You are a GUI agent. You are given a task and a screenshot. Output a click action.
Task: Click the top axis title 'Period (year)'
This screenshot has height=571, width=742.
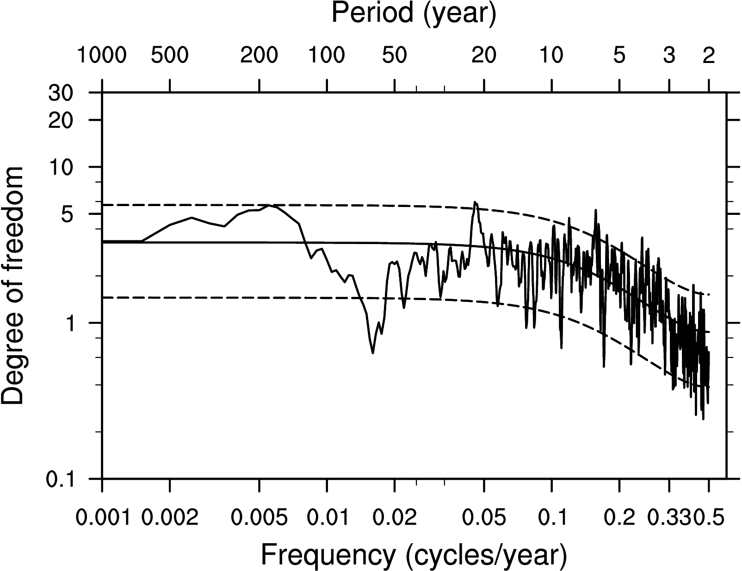[414, 13]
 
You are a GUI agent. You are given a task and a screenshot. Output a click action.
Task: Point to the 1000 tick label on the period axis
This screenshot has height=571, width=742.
[102, 56]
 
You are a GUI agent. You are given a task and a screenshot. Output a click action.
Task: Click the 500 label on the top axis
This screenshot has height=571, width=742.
[170, 56]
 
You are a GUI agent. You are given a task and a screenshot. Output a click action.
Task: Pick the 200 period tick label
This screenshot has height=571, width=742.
[259, 56]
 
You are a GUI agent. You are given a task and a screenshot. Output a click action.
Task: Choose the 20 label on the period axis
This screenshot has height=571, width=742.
[484, 56]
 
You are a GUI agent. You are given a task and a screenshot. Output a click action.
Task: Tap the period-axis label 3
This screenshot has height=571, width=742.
[669, 56]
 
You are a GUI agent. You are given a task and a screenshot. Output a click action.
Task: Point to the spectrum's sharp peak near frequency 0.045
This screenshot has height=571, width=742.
[475, 202]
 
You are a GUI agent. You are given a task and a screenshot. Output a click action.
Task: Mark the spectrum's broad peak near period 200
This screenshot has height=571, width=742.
[270, 205]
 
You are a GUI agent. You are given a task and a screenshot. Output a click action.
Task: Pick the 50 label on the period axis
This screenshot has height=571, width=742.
[395, 56]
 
